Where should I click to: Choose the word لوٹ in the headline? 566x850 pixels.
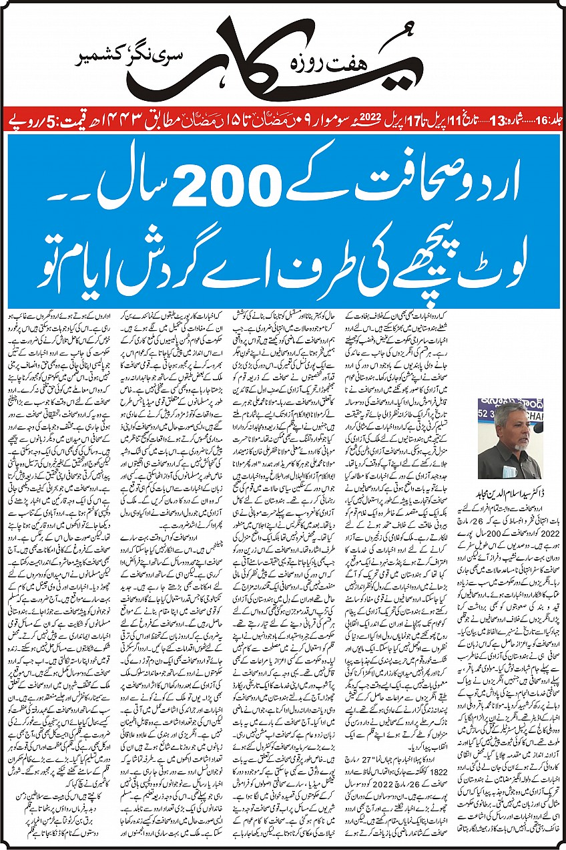click(490, 254)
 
